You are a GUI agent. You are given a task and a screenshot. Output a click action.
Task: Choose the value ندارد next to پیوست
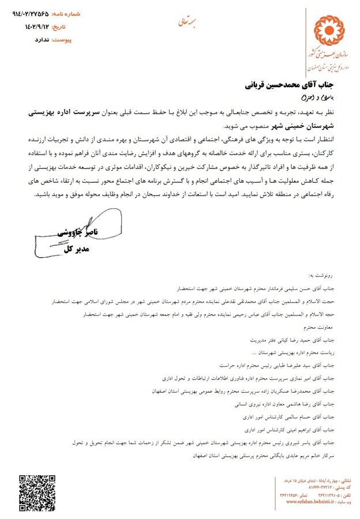tap(35, 40)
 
